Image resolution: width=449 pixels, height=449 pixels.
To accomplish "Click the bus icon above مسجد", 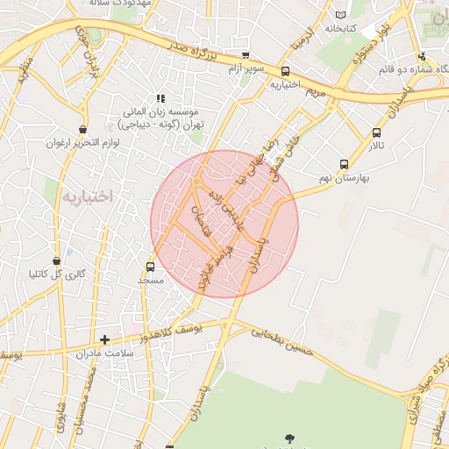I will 150,267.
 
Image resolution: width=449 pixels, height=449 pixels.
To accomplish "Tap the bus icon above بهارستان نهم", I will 344,164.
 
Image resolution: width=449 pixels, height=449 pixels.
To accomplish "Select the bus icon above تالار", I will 376,133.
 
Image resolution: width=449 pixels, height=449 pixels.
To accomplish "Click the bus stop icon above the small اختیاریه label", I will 285,72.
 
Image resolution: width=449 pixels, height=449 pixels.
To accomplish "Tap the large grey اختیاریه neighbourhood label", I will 88,196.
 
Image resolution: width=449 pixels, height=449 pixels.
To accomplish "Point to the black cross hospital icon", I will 104,339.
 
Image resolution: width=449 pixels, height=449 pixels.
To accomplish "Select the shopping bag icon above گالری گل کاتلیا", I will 57,260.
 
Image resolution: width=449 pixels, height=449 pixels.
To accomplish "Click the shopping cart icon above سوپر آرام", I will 245,54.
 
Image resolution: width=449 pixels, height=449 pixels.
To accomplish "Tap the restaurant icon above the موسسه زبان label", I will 160,98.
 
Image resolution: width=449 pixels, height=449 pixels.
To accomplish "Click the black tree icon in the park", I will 290,438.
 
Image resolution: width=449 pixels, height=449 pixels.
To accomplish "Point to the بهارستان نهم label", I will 344,177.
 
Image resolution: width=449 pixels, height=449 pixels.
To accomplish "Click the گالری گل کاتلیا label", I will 59,274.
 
